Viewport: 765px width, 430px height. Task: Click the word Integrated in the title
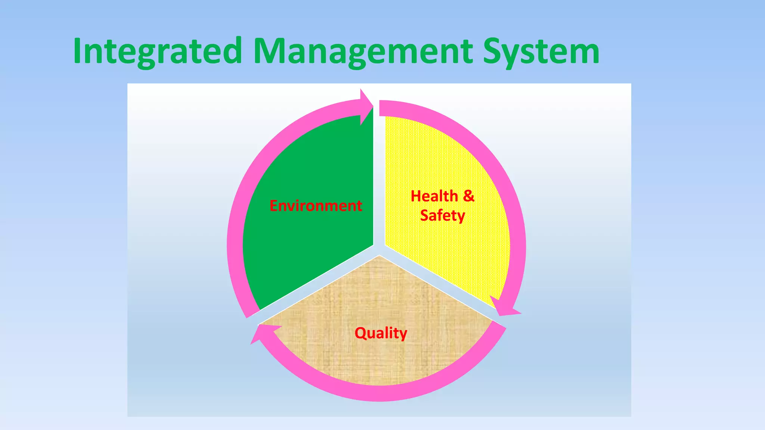click(157, 52)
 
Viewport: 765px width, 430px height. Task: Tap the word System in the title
click(541, 52)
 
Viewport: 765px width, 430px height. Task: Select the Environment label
click(316, 206)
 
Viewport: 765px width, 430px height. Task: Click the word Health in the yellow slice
click(434, 196)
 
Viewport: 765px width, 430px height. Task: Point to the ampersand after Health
click(469, 196)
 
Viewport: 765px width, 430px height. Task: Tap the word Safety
click(443, 216)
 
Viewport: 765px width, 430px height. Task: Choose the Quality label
click(381, 333)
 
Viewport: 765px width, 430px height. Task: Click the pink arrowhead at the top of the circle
click(366, 106)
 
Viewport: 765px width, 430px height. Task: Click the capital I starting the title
click(77, 52)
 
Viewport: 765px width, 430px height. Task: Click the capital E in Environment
click(273, 206)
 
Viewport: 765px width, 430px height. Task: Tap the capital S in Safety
click(425, 215)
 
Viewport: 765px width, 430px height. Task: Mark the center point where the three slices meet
click(379, 250)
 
